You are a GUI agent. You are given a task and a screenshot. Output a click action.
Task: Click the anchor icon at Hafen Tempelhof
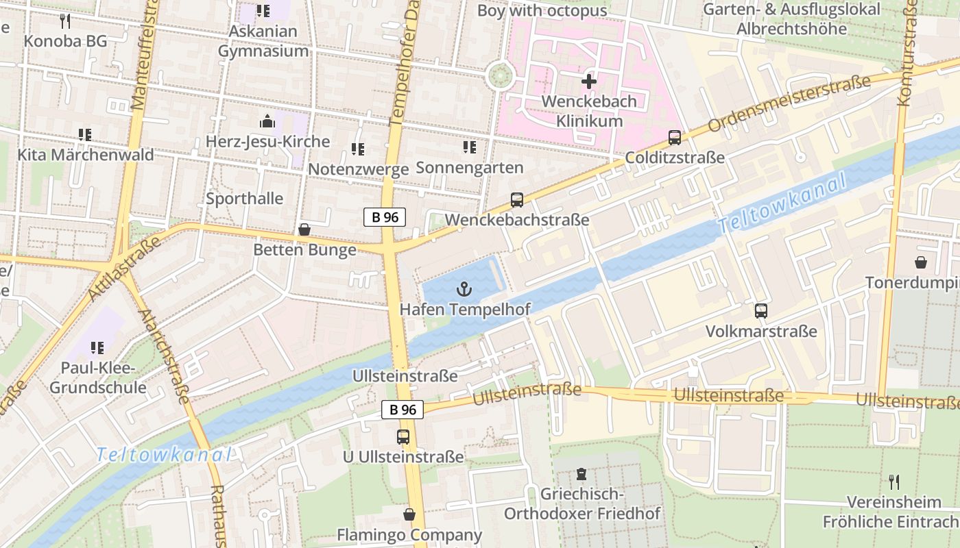point(465,289)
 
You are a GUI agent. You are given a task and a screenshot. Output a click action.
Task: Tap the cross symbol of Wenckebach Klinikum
point(588,82)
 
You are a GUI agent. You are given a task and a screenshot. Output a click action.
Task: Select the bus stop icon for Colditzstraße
point(675,138)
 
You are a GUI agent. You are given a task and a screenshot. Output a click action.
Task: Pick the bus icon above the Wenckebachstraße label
point(517,200)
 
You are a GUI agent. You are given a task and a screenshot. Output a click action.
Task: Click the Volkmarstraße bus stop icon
point(761,311)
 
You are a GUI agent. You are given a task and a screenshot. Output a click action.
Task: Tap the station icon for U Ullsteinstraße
point(403,436)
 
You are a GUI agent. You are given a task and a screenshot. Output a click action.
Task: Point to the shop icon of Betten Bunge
point(304,229)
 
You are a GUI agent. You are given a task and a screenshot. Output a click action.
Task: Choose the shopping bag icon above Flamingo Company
point(409,514)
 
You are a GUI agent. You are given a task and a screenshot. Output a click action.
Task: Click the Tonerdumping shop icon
point(920,262)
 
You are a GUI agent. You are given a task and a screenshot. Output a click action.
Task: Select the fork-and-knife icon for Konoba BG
point(65,21)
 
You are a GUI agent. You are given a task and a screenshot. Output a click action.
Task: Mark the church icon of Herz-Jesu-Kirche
point(267,122)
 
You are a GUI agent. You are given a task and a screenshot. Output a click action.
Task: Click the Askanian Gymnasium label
point(263,41)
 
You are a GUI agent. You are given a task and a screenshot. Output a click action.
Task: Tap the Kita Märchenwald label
point(86,155)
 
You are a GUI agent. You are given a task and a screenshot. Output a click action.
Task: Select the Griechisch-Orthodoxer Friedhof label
point(582,503)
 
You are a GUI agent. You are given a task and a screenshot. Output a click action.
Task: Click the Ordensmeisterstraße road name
point(789,103)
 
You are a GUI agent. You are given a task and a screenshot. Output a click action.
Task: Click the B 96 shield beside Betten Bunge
point(385,217)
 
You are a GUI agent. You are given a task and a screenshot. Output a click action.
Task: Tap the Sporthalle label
point(245,199)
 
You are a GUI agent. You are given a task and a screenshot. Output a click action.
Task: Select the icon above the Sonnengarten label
point(469,147)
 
